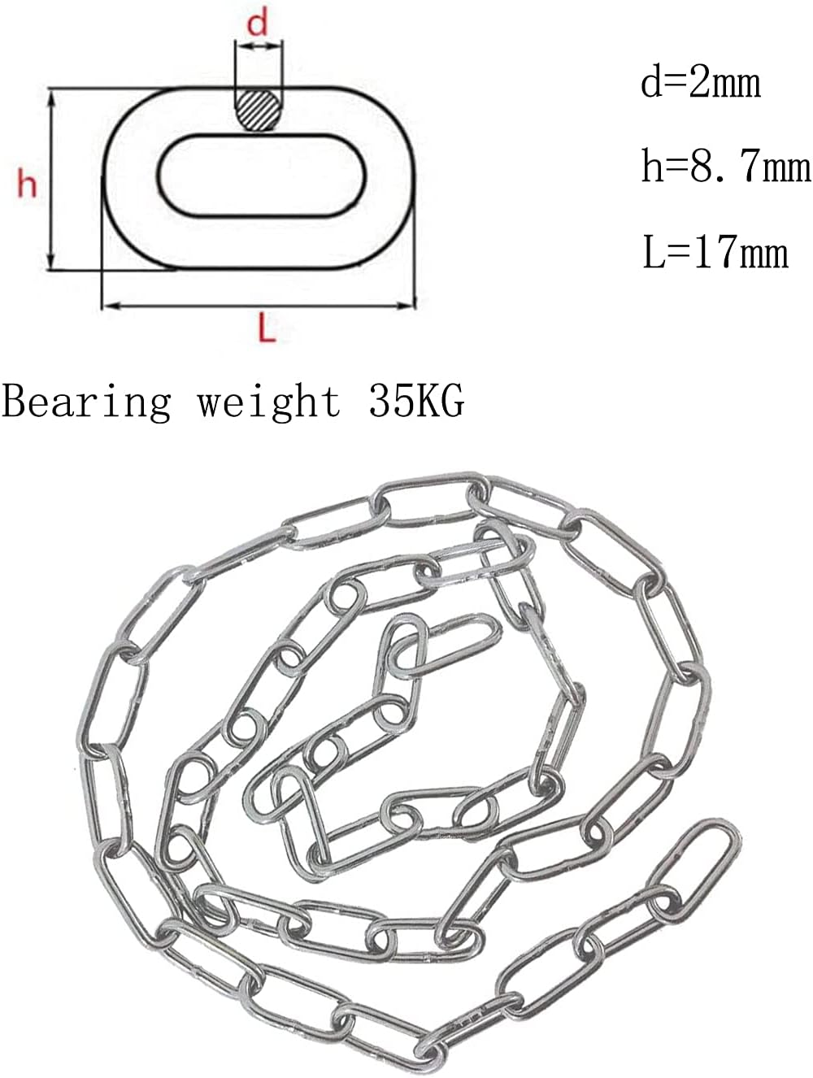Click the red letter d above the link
[258, 24]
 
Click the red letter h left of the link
[28, 185]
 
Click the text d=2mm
[701, 84]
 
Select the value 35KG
[416, 400]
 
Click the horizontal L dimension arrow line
[259, 306]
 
